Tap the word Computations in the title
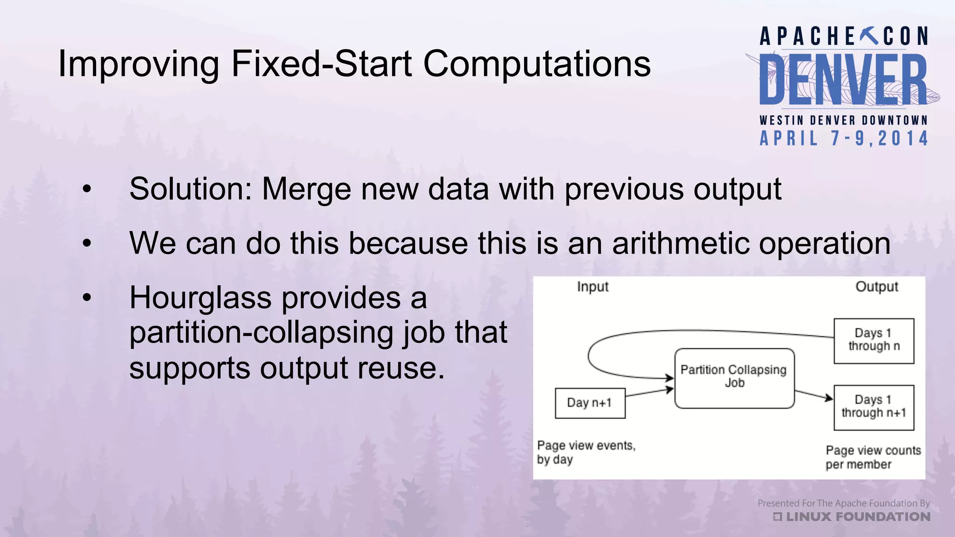pyautogui.click(x=537, y=64)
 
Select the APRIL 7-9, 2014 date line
pyautogui.click(x=844, y=138)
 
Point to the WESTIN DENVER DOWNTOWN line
pyautogui.click(x=844, y=120)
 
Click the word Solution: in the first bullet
pyautogui.click(x=191, y=189)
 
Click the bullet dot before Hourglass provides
pyautogui.click(x=87, y=297)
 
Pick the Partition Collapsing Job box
pyautogui.click(x=734, y=378)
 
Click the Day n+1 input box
pyautogui.click(x=590, y=403)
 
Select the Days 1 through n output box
pyautogui.click(x=873, y=341)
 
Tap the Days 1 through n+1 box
pyautogui.click(x=873, y=407)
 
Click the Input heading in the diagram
pyautogui.click(x=593, y=287)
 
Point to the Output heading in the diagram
pyautogui.click(x=876, y=287)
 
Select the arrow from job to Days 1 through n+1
pyautogui.click(x=813, y=395)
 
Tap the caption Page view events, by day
pyautogui.click(x=586, y=452)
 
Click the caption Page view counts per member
pyautogui.click(x=872, y=457)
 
